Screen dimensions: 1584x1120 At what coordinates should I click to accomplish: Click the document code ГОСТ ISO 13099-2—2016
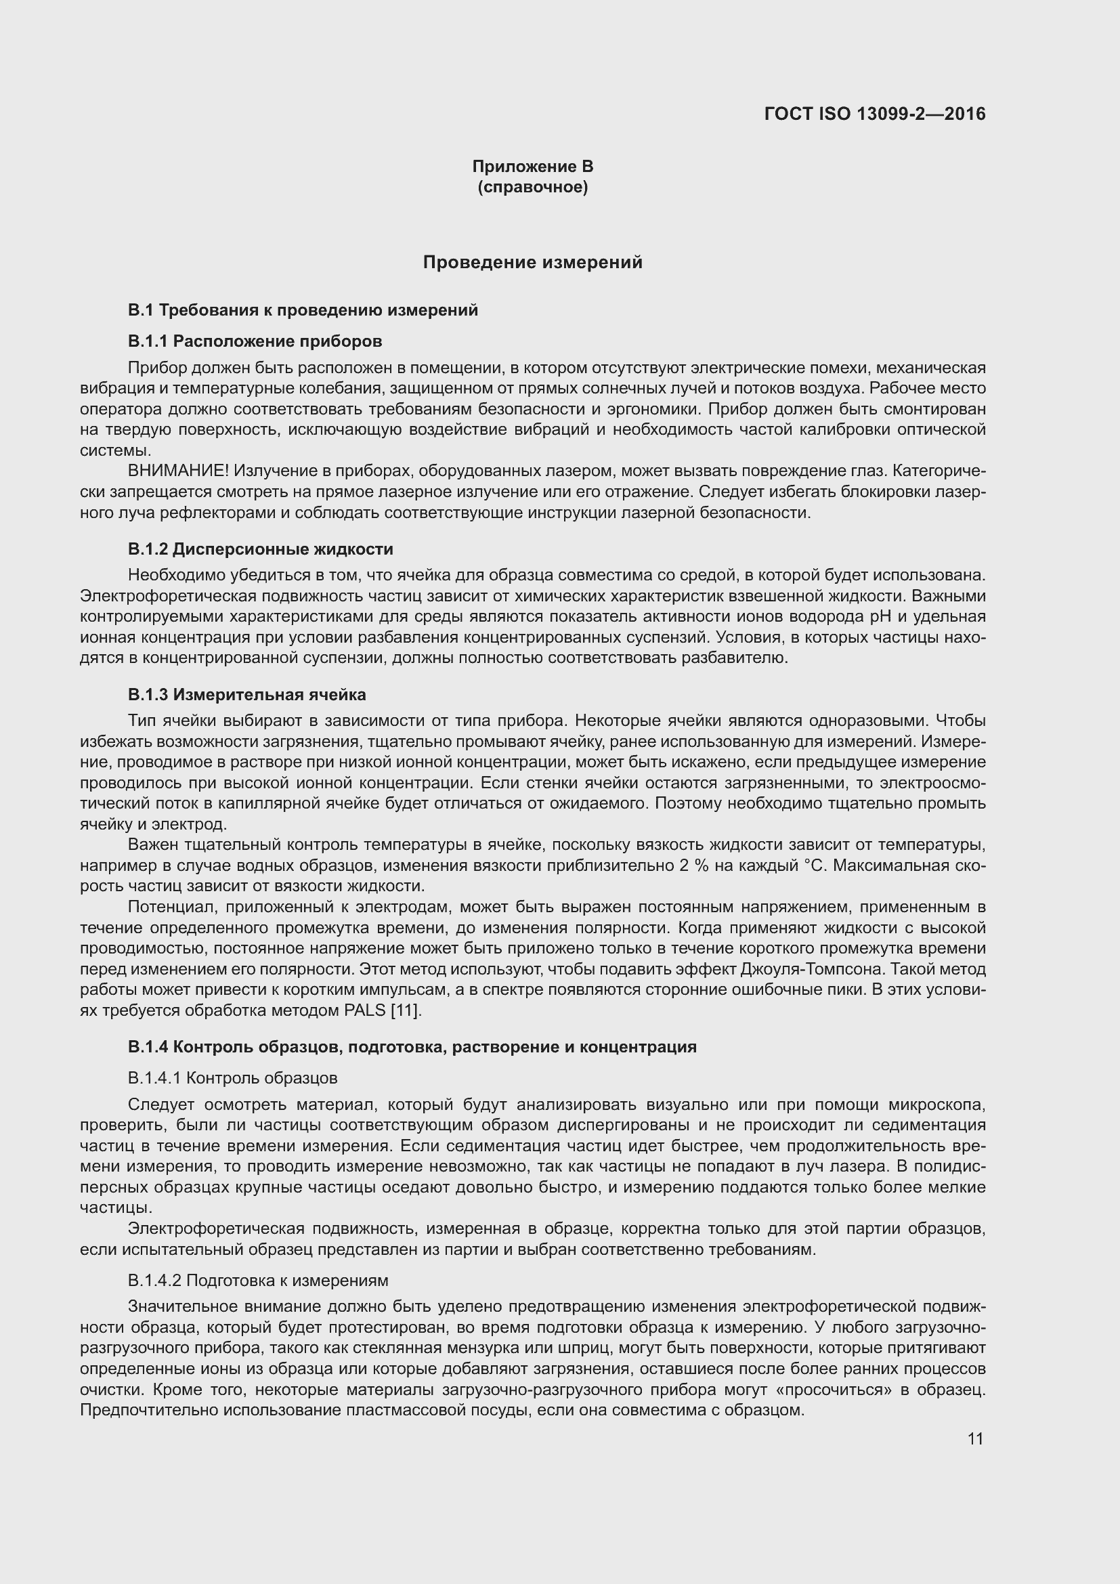(x=874, y=114)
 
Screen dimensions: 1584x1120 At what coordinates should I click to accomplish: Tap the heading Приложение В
(x=532, y=167)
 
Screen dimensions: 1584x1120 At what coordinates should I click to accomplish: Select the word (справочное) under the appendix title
(x=532, y=187)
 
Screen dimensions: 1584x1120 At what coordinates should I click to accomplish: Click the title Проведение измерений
(x=532, y=262)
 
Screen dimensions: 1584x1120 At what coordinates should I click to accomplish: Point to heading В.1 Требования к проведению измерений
(x=303, y=310)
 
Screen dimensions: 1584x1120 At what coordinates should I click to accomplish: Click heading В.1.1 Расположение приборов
(x=255, y=341)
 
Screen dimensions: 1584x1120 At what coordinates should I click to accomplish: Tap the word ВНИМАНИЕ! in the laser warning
(x=178, y=471)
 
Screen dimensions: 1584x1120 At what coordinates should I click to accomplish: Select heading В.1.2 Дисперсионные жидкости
(x=260, y=549)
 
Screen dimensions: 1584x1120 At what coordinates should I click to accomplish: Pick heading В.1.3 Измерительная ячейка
(x=246, y=694)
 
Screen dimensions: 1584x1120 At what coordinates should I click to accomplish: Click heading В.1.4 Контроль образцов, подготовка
(x=412, y=1046)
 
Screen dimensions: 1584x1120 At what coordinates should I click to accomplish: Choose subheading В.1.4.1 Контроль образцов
(x=232, y=1077)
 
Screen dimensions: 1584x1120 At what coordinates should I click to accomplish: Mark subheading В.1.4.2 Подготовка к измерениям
(x=257, y=1281)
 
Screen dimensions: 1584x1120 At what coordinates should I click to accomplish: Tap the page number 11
(x=974, y=1438)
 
